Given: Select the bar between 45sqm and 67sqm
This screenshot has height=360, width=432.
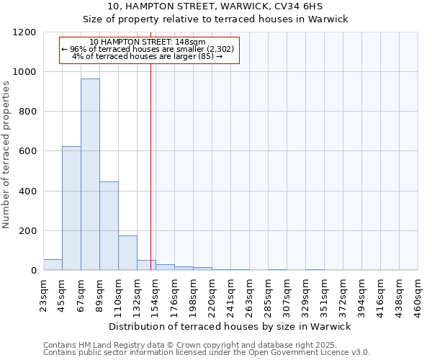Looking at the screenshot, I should tap(71, 208).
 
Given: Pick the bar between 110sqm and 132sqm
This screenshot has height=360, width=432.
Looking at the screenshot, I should tap(127, 253).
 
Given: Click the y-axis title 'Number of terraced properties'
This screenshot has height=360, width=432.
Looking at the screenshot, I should tap(6, 155).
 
